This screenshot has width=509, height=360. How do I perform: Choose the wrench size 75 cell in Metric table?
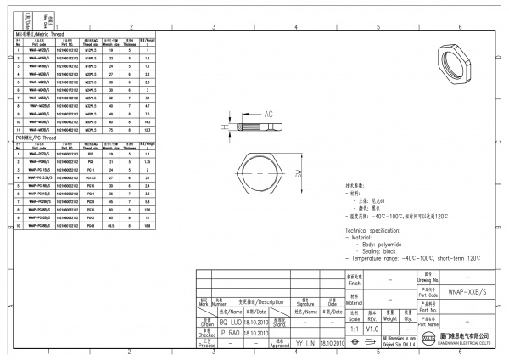tap(111, 129)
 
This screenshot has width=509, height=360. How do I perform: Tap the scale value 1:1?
tap(355, 327)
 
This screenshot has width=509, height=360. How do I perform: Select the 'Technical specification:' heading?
tap(378, 230)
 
